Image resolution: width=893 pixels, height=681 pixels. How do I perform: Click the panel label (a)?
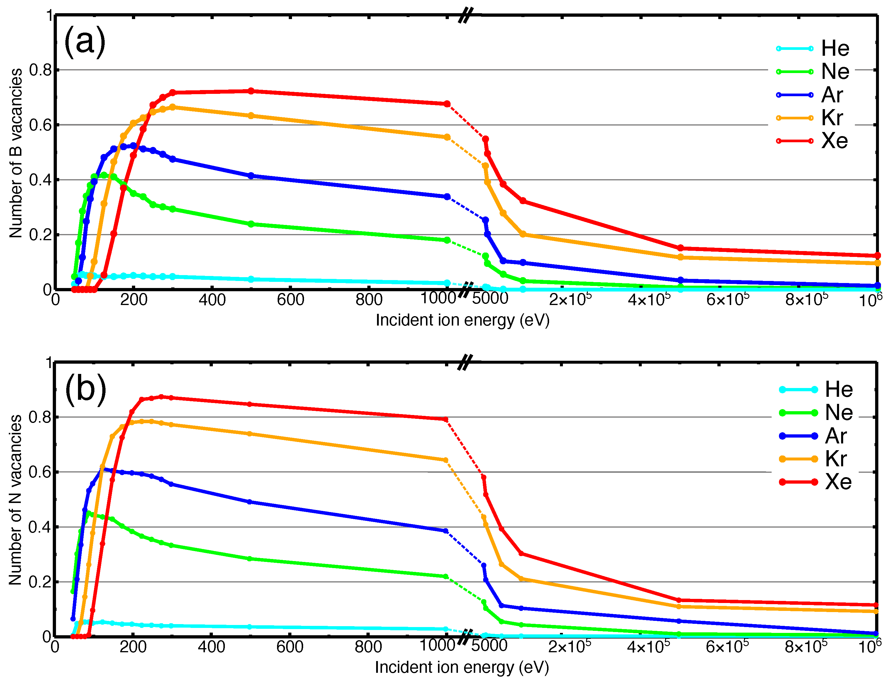point(85,42)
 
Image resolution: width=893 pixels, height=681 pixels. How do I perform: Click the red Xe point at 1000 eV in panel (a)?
point(447,104)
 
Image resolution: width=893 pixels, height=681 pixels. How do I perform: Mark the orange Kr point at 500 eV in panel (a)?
point(251,116)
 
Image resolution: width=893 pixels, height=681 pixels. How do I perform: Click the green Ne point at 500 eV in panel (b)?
point(249,559)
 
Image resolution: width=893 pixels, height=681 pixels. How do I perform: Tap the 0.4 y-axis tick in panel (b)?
point(40,527)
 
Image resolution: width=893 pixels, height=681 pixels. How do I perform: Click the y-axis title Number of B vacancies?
point(16,153)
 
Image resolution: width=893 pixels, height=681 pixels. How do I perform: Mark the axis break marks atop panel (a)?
point(466,16)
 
